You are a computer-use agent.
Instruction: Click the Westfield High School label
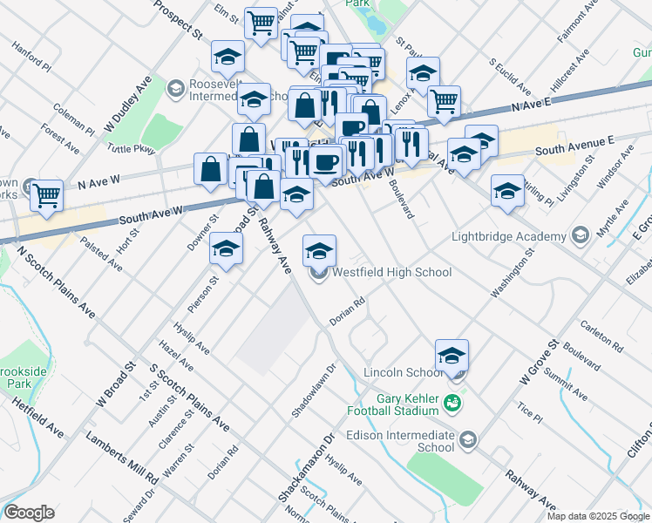[391, 273]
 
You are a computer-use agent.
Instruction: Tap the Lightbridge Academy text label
[509, 236]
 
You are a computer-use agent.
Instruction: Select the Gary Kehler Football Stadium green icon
[452, 403]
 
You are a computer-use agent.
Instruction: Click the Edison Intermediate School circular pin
[469, 438]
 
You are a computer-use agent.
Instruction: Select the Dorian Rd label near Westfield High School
[347, 316]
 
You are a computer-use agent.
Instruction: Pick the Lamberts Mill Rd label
[121, 457]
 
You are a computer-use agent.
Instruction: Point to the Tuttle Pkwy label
[131, 149]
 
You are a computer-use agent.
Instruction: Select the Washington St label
[511, 278]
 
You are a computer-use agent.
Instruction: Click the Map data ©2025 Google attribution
[597, 516]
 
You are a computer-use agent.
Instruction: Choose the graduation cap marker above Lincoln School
[452, 355]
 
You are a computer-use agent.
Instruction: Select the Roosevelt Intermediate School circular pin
[176, 88]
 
